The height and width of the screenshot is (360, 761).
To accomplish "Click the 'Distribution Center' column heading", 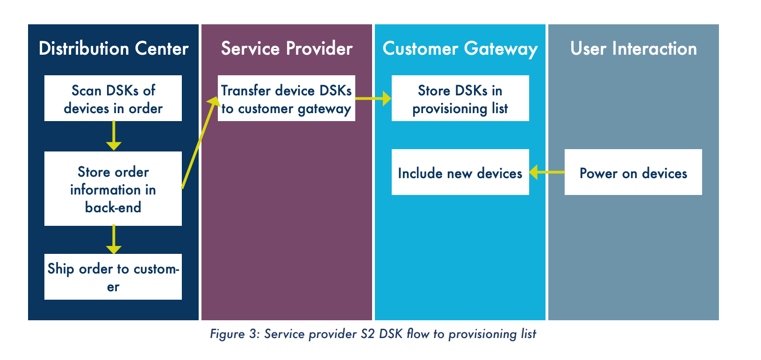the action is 114,48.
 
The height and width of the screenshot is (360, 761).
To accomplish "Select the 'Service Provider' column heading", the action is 287,48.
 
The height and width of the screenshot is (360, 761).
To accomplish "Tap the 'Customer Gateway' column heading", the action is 460,49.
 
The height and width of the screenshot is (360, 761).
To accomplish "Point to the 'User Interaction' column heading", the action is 633,48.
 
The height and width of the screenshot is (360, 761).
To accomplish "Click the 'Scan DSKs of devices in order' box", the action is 113,98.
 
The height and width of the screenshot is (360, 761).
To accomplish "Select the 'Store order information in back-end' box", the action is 113,189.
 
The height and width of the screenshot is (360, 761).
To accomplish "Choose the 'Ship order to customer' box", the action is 113,277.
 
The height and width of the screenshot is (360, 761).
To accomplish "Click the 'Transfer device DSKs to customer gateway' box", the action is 287,98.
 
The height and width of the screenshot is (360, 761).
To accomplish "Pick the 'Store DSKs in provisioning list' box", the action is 460,98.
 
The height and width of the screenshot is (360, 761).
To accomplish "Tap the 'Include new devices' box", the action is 460,172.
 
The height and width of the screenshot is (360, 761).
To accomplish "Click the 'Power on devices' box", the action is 633,172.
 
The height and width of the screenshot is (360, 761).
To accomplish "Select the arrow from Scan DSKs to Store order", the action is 114,136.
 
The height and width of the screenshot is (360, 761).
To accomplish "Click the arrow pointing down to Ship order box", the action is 114,239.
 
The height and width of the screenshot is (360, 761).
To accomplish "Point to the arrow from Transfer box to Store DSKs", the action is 373,98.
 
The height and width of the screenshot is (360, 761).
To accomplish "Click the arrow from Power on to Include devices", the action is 547,172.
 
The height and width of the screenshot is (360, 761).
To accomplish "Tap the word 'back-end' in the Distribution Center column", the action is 113,208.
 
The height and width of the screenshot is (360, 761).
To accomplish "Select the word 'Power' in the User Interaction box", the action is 599,173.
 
